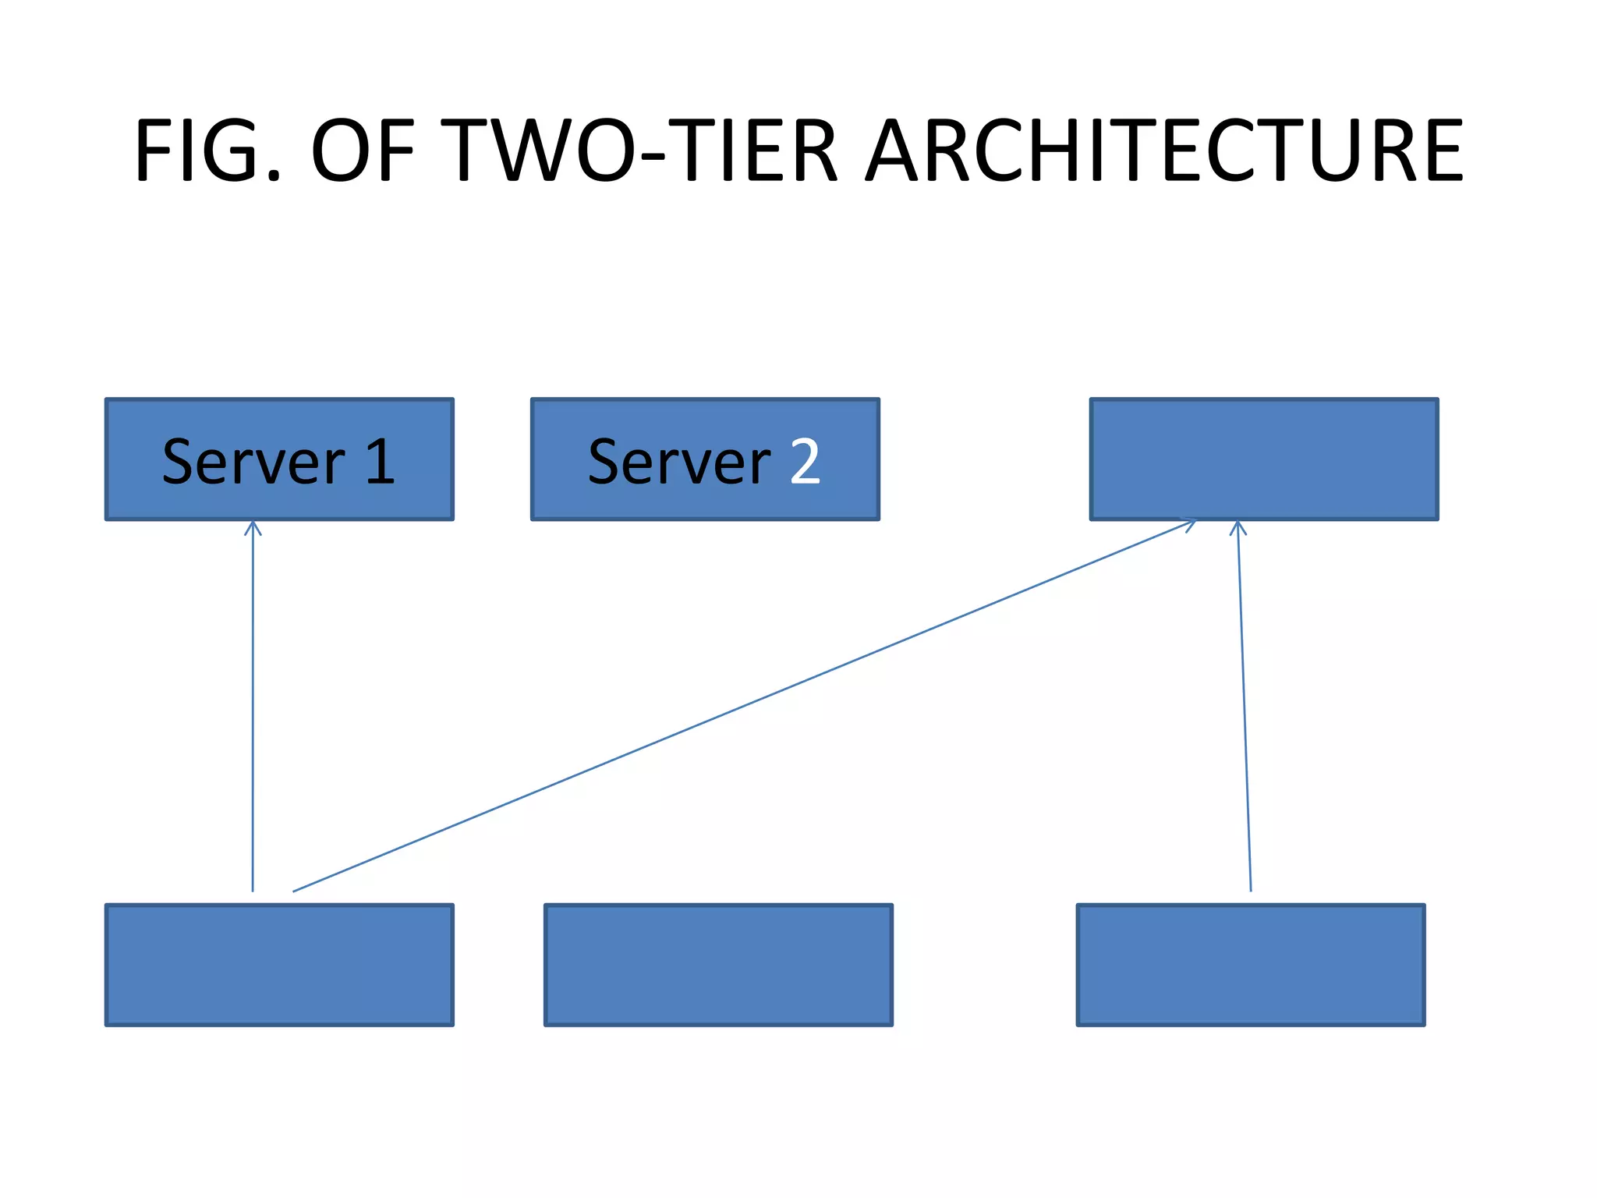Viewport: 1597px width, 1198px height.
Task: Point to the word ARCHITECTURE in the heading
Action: point(1165,150)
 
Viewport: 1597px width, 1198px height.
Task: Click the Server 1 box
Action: point(279,459)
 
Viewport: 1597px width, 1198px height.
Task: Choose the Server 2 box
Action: point(705,459)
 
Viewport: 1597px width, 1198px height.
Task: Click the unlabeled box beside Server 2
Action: point(1264,459)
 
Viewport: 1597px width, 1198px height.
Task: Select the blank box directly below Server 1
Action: point(279,965)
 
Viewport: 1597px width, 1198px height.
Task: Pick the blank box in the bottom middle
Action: point(718,965)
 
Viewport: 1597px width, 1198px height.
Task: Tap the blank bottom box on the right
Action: point(1251,965)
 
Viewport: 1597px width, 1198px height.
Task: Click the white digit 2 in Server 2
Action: point(805,462)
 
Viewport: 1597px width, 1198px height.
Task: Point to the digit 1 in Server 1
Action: point(381,462)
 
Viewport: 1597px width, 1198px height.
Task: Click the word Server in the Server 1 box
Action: point(253,462)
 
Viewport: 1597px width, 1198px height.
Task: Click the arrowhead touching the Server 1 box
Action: point(253,527)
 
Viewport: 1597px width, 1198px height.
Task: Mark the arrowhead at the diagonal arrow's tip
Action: point(1190,524)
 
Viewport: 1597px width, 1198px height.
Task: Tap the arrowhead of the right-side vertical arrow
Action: point(1238,527)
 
